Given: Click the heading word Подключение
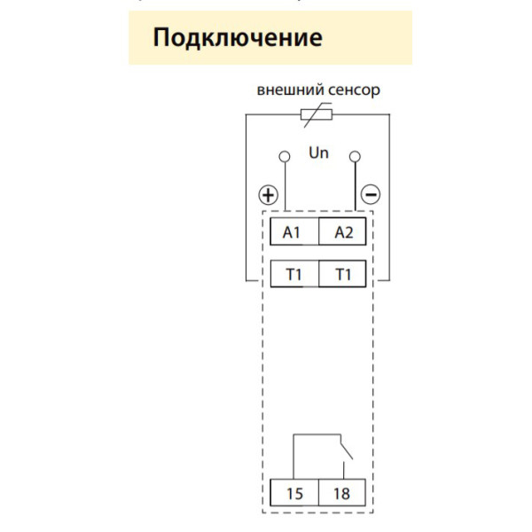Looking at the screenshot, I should click(x=237, y=38).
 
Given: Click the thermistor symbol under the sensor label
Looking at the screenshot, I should click(x=317, y=113).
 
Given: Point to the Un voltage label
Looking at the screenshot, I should click(x=318, y=153).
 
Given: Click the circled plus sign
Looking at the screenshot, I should click(x=268, y=194).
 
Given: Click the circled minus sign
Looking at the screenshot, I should click(x=371, y=194).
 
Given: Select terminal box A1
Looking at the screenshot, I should click(x=293, y=232).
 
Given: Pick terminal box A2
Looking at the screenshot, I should click(x=343, y=232).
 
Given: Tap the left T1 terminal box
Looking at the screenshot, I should click(x=293, y=275).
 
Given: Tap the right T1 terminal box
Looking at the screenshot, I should click(x=343, y=275).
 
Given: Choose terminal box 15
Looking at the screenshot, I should click(x=293, y=492).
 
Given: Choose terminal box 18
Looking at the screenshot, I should click(x=343, y=492).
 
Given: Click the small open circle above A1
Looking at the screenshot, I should click(x=285, y=157).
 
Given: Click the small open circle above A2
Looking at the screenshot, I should click(x=355, y=157).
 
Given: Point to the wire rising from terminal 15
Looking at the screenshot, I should click(x=293, y=457).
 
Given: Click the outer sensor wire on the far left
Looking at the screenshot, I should click(x=245, y=195).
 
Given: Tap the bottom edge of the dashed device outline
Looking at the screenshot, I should click(x=318, y=512).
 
